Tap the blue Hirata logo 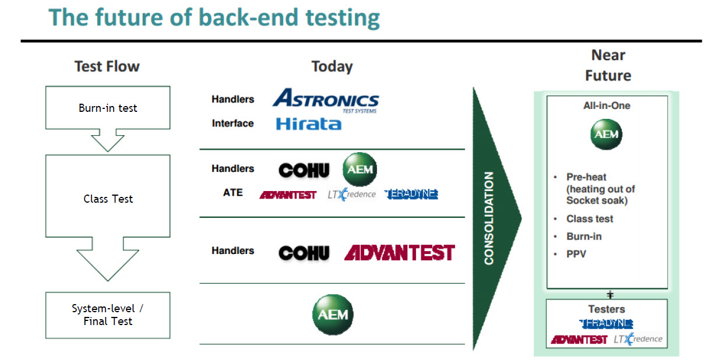coord(308,123)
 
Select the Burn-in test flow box coord(108,108)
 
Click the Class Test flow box coord(108,198)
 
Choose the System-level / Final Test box coord(108,315)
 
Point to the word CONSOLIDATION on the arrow coord(489,218)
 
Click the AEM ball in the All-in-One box coord(606,135)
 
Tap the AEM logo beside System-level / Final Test coord(333,315)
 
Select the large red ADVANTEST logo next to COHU coord(399,252)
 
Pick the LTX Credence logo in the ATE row coord(351,194)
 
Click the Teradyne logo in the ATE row coord(411,194)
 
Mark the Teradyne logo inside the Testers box coord(606,323)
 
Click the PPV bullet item coord(576,254)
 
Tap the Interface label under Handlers coord(233,123)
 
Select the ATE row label coord(233,192)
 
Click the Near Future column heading coord(608,65)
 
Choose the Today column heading coord(332,66)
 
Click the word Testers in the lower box coord(606,309)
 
